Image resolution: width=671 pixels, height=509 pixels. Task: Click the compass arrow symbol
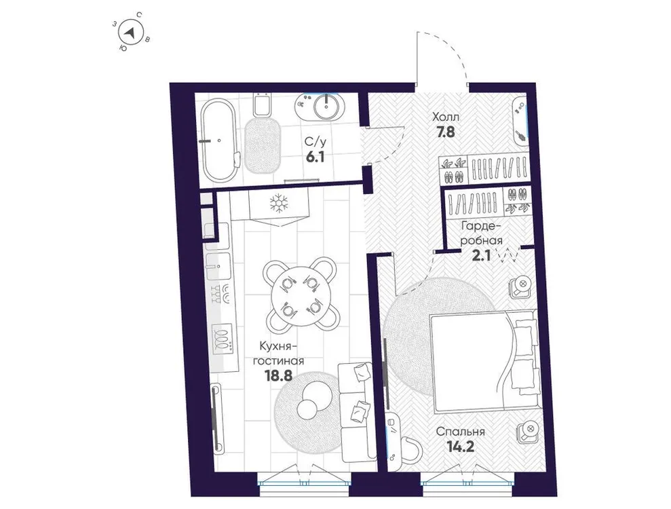133,31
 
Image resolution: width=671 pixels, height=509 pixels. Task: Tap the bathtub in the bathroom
218,140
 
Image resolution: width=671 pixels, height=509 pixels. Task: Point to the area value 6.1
313,155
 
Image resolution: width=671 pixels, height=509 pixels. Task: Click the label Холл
446,116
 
